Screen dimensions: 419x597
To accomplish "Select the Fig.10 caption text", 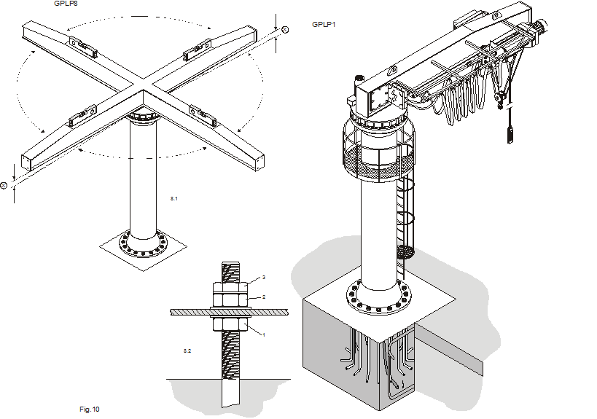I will [89, 410].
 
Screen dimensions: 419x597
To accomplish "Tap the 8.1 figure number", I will [173, 198].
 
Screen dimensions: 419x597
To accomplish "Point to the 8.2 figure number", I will [187, 352].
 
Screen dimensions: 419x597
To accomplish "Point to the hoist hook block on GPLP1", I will [500, 95].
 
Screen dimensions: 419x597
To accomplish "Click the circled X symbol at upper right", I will [284, 28].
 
